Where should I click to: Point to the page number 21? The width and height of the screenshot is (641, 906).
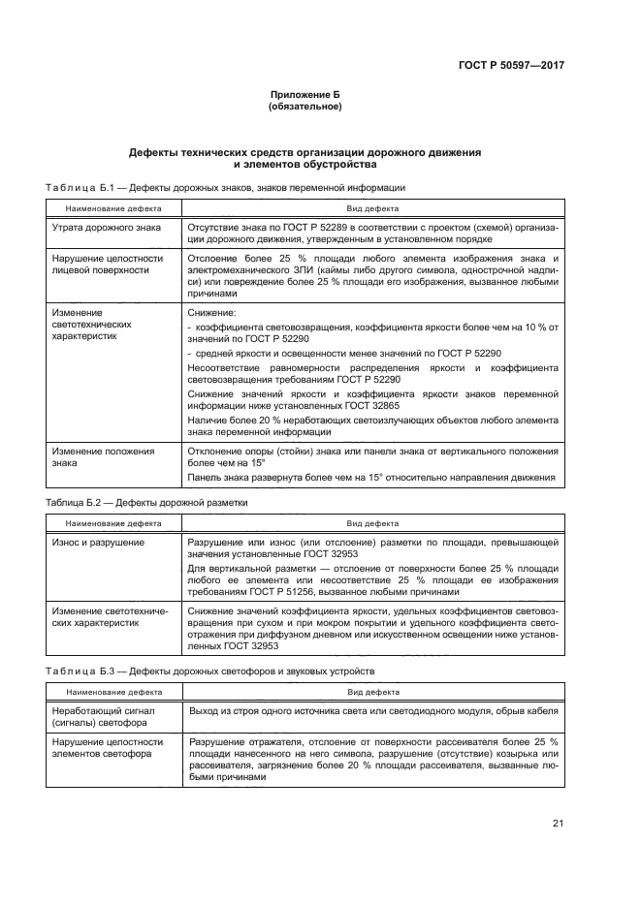pyautogui.click(x=558, y=824)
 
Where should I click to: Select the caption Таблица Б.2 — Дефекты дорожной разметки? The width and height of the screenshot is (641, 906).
pyautogui.click(x=147, y=504)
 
